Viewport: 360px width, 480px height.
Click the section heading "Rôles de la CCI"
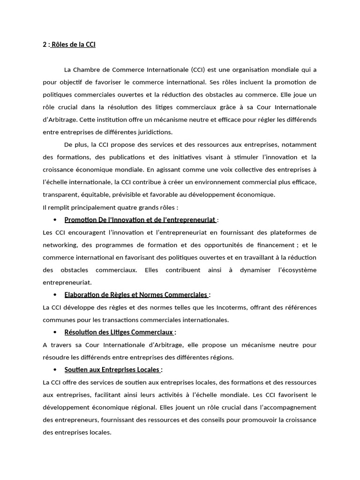73,45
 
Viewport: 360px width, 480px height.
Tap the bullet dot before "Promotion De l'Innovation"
55,220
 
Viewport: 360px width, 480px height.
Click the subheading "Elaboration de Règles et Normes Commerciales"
136,295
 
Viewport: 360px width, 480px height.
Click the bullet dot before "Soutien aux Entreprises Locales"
55,370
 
